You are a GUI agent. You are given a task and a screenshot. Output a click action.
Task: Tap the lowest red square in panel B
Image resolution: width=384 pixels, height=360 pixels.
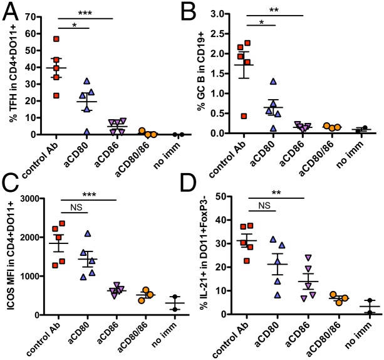[x=244, y=116]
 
